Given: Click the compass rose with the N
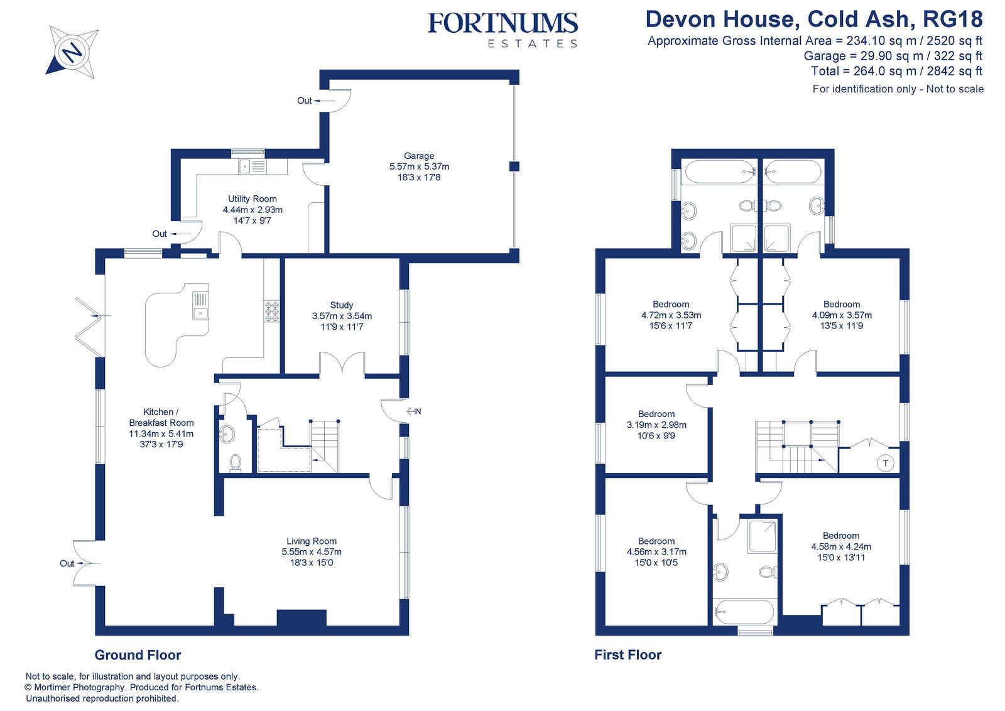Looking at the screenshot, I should click(x=72, y=52).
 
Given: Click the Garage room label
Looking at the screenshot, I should click(x=419, y=166).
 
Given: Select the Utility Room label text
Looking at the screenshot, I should click(x=253, y=209).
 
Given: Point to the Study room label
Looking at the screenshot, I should click(x=342, y=315).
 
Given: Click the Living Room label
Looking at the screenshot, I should click(x=312, y=551).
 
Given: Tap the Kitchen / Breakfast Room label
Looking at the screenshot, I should click(x=161, y=428).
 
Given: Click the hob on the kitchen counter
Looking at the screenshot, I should click(x=271, y=312).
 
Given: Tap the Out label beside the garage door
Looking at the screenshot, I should click(x=305, y=100).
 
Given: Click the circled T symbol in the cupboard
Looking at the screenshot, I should click(x=885, y=464).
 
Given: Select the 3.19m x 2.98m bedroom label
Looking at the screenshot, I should click(x=656, y=425).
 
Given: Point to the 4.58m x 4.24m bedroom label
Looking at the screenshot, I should click(x=841, y=546).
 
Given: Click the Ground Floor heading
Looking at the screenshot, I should click(x=138, y=655).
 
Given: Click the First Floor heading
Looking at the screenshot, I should click(x=627, y=654).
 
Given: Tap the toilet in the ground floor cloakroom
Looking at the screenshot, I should click(x=236, y=462).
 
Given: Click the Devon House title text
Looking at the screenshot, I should click(x=813, y=19).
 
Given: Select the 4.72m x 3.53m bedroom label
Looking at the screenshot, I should click(x=671, y=315).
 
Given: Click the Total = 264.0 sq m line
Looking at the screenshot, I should click(x=896, y=71).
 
